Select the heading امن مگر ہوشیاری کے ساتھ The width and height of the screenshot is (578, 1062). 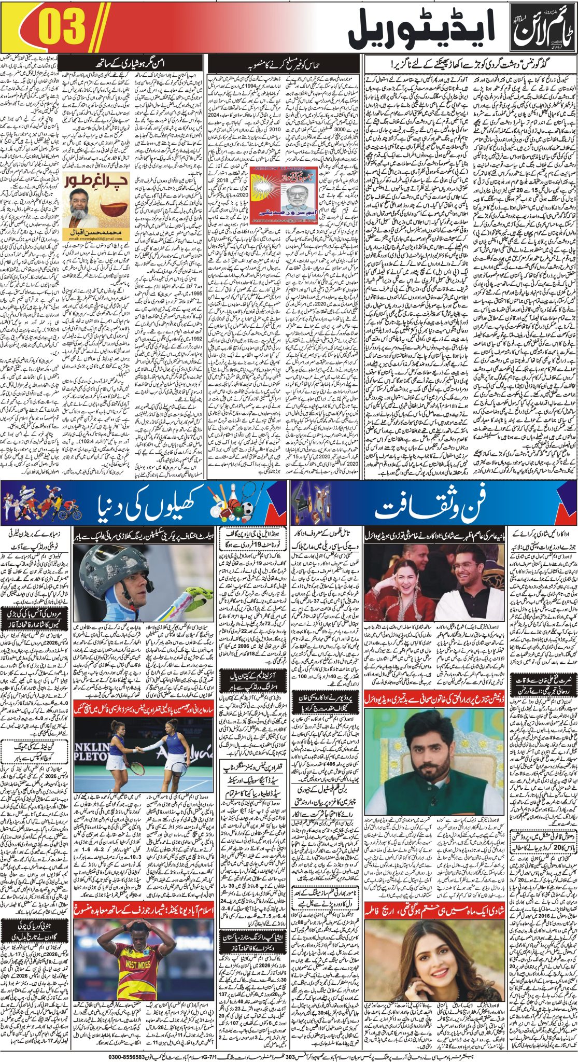click(135, 63)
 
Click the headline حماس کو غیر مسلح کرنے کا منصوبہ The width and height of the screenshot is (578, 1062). click(284, 63)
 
